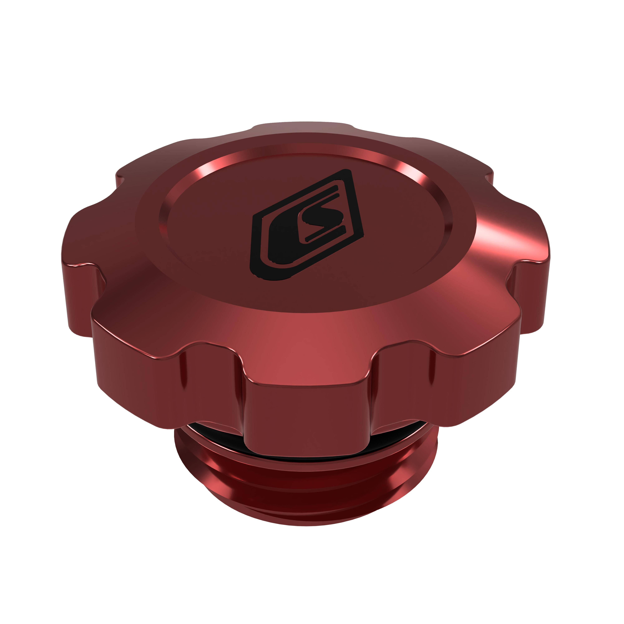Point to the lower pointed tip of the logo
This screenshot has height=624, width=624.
tap(258, 275)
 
